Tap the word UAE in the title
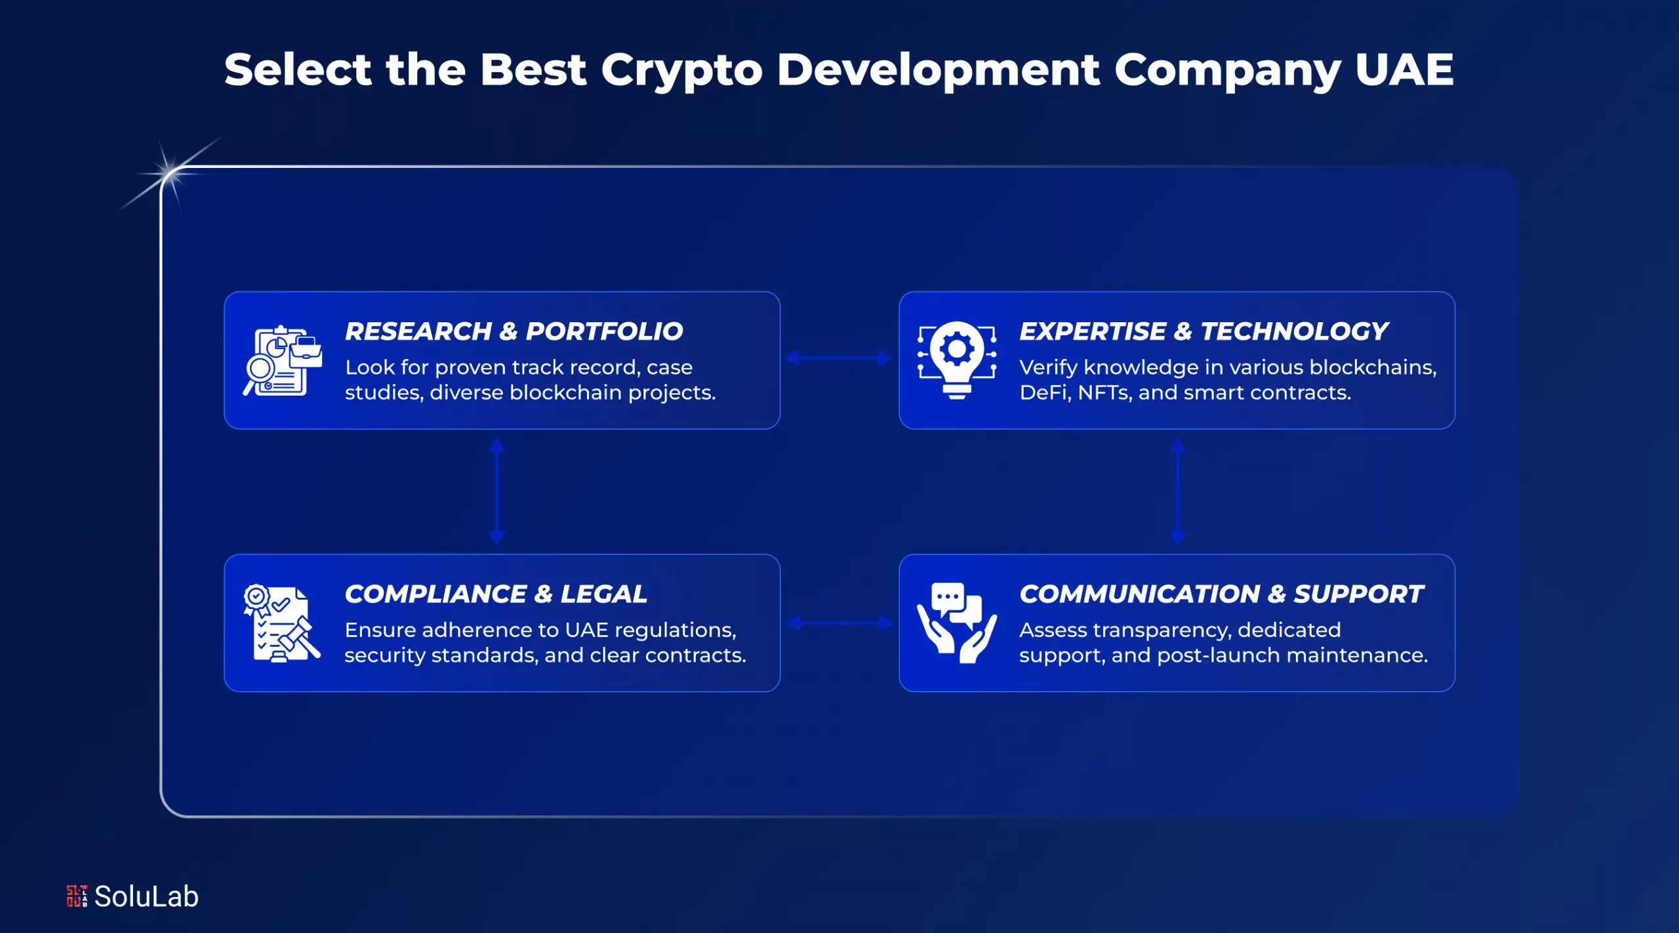coord(1404,70)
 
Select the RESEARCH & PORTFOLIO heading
coord(514,331)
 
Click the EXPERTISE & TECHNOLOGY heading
coord(1204,331)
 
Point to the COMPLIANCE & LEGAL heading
coord(496,594)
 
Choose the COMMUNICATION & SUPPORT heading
coord(1221,594)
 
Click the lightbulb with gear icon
coord(957,360)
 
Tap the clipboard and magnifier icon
coord(283,361)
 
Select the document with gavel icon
coord(282,623)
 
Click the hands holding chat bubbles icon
coord(957,623)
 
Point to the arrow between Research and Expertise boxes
coord(839,358)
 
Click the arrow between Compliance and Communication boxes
coord(839,623)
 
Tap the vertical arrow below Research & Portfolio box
coord(496,491)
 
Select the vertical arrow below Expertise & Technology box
coord(1178,491)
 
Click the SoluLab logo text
coord(146,896)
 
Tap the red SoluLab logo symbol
coord(77,896)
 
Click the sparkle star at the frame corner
coord(169,173)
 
